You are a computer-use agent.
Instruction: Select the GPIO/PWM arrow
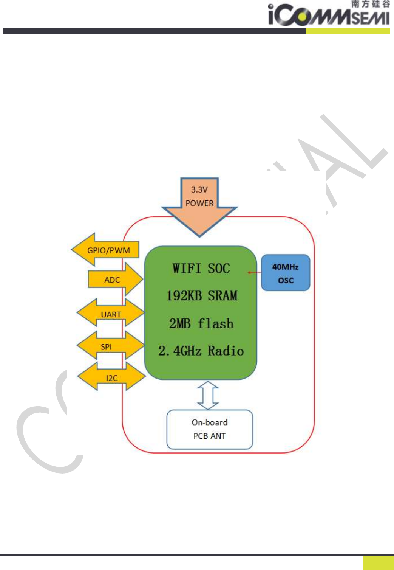click(x=106, y=250)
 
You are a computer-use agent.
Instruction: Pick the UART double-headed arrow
click(x=111, y=314)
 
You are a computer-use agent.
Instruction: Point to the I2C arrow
click(x=112, y=377)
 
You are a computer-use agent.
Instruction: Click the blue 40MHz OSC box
click(x=286, y=273)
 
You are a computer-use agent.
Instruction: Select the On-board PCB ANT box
click(x=210, y=429)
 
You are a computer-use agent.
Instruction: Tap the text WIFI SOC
click(x=201, y=268)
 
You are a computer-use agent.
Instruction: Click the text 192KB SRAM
click(x=202, y=295)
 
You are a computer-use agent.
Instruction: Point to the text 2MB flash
click(x=201, y=323)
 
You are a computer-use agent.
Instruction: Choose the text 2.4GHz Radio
click(x=201, y=351)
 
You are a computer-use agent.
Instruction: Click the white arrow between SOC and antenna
click(x=208, y=395)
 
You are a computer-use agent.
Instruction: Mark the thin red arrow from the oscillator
click(x=254, y=272)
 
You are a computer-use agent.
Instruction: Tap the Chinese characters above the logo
click(x=370, y=4)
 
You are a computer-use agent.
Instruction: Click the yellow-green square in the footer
click(x=378, y=562)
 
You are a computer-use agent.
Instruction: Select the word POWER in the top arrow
click(x=199, y=203)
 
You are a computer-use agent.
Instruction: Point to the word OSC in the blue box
click(x=286, y=280)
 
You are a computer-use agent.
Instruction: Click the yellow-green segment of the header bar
click(x=348, y=31)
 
